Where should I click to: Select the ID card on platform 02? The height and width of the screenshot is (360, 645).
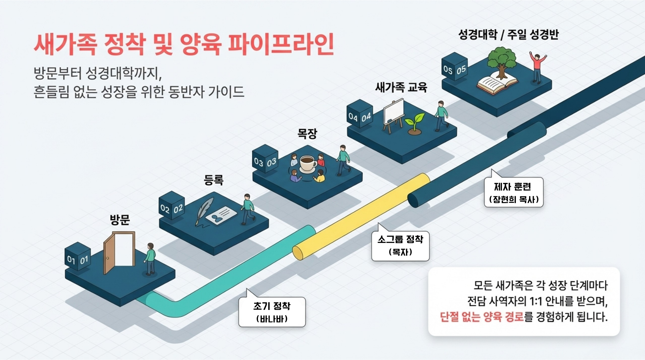coord(221,215)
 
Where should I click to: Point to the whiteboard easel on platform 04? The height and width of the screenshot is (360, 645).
coord(393,113)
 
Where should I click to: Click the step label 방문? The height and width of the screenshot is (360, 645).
coord(120,220)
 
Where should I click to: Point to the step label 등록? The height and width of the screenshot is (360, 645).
coord(214,180)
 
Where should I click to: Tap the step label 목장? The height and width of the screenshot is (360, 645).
coord(307,134)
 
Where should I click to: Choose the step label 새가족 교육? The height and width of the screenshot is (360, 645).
coord(401,87)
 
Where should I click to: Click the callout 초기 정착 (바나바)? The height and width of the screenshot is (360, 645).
coord(272,312)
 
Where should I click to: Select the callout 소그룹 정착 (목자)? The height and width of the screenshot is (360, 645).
coord(400,246)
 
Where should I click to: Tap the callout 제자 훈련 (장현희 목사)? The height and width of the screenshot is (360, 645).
coord(514,192)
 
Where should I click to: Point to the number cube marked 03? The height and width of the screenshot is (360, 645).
coord(265,159)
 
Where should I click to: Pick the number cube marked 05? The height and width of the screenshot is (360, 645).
coord(454,67)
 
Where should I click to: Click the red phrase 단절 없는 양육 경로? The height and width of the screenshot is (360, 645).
coord(482,317)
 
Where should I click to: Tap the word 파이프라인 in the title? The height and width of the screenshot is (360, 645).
coord(281,44)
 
